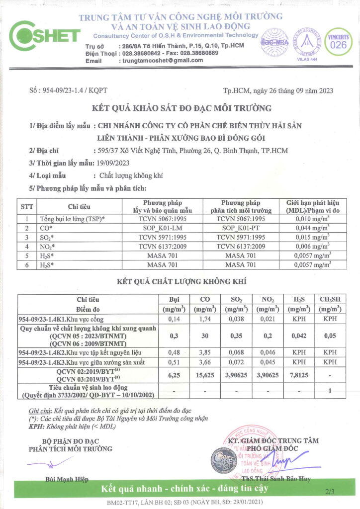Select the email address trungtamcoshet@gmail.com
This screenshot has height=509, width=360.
coord(161,60)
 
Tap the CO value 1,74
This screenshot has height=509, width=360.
coord(204,319)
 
